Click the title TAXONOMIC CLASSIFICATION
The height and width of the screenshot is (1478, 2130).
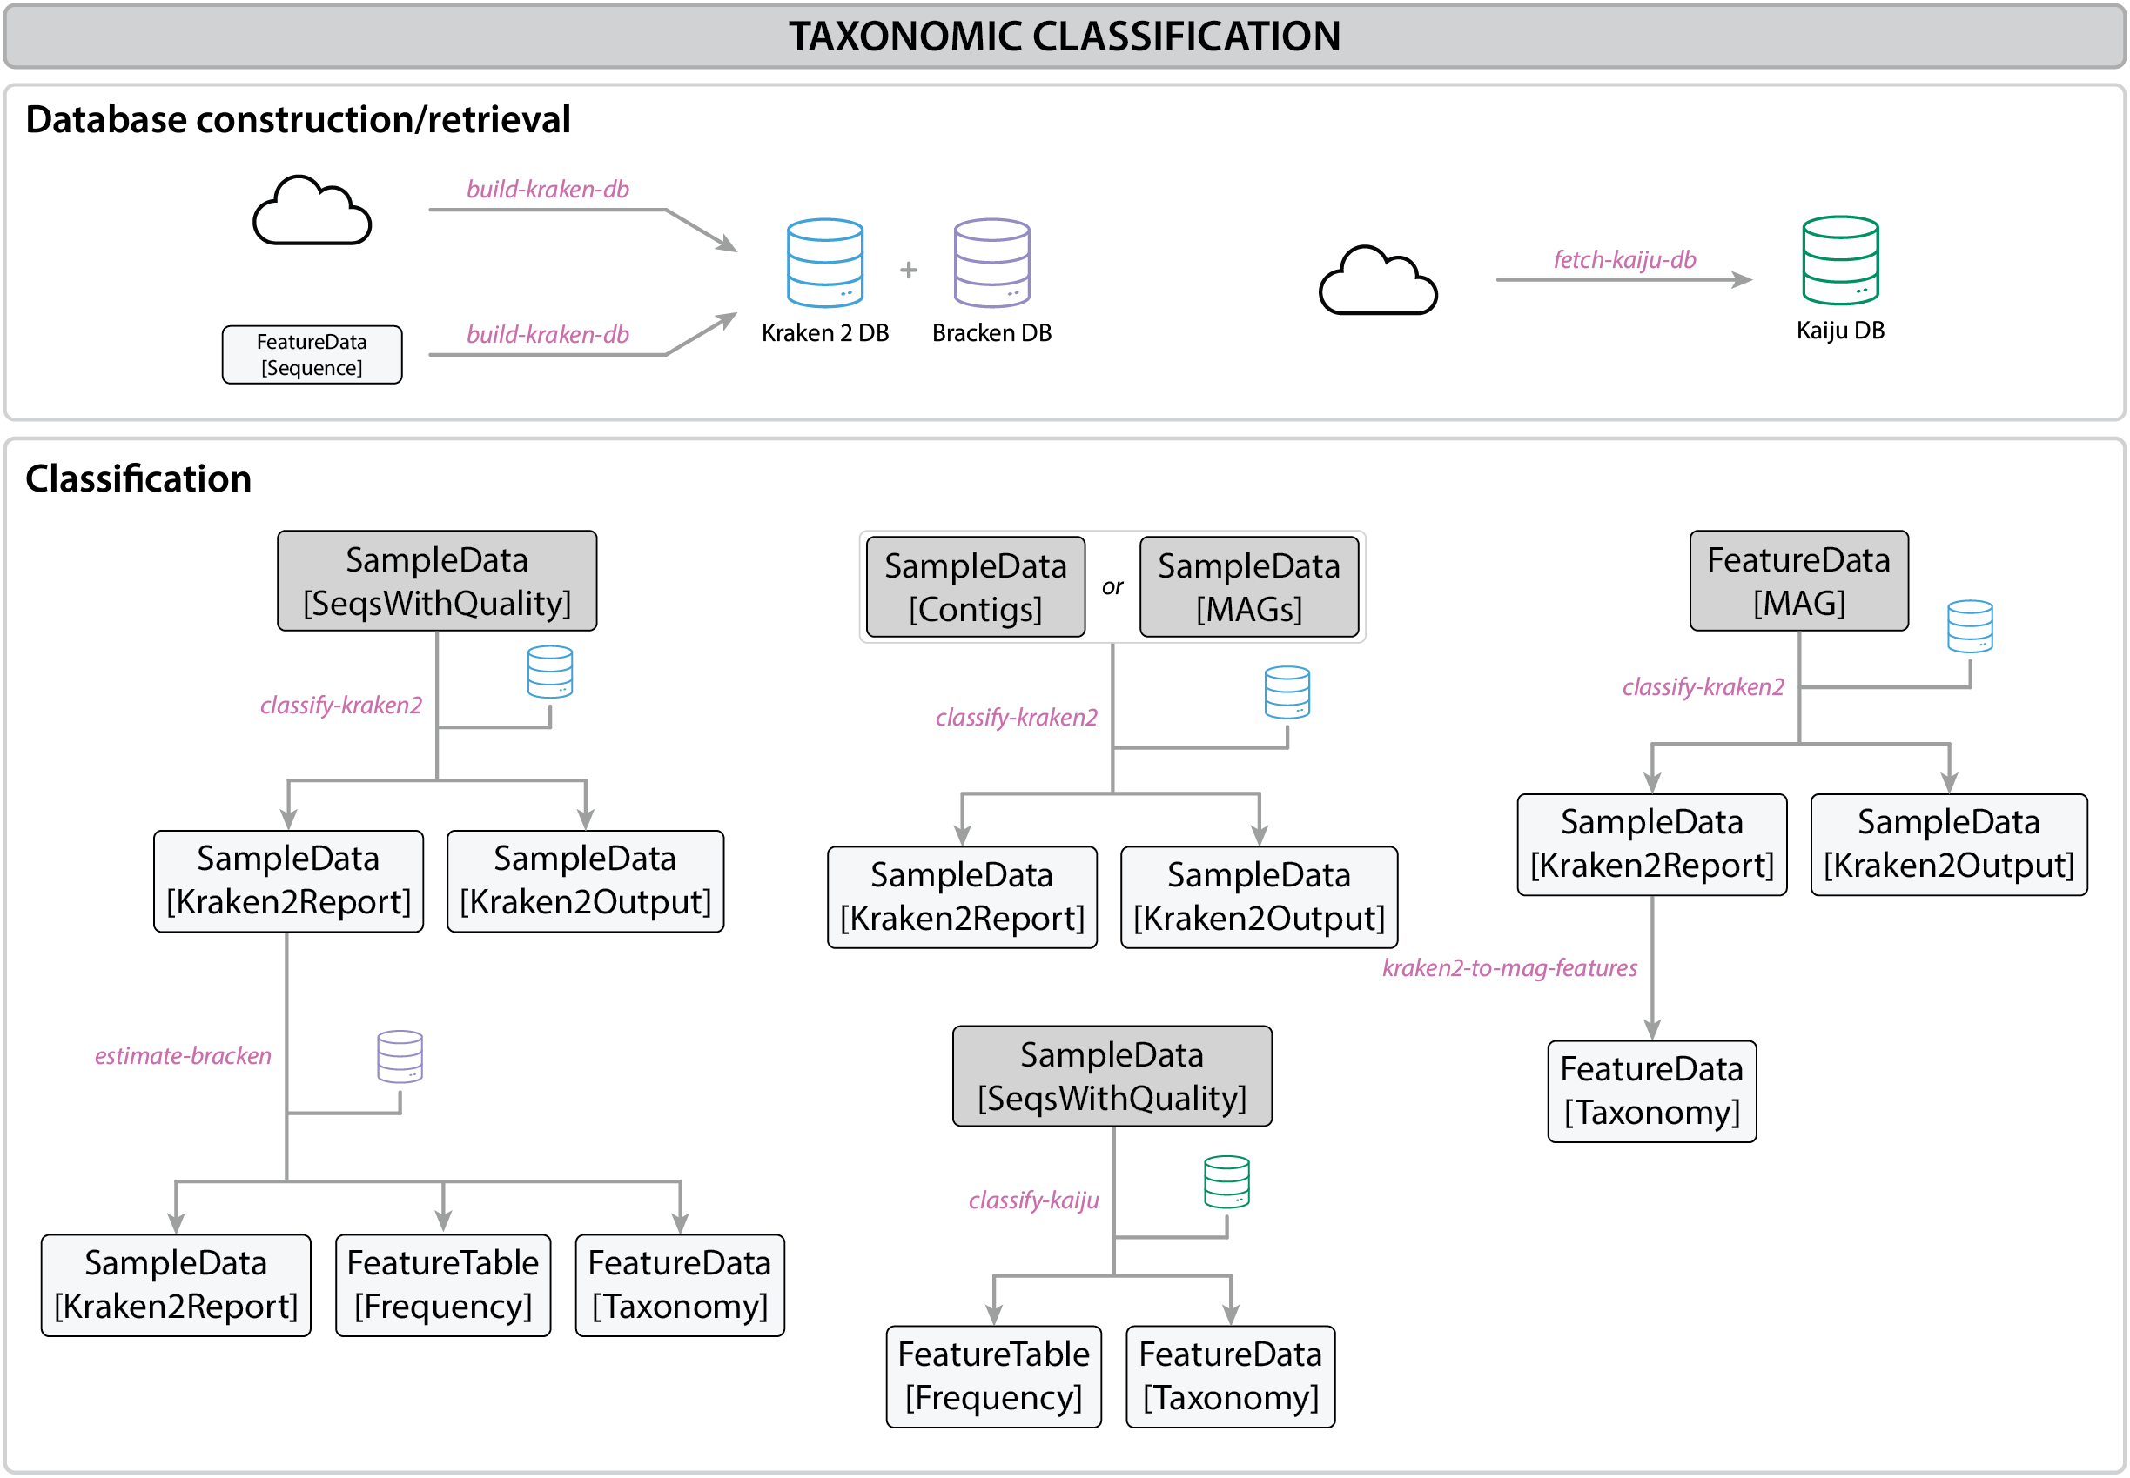pos(1064,37)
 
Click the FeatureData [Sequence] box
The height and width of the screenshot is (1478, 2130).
pos(312,355)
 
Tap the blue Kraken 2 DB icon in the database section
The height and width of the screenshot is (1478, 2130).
pos(824,263)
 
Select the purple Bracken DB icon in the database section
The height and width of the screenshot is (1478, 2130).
pos(991,263)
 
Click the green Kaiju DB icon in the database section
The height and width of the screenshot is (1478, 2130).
pos(1839,260)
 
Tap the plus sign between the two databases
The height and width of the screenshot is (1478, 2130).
pos(908,270)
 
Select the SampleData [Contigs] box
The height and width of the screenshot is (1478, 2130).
pos(975,587)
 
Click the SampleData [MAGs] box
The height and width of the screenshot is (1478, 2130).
pos(1248,587)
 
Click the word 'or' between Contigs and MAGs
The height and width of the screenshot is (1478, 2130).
pos(1112,587)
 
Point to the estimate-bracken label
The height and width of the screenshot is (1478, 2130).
pos(183,1056)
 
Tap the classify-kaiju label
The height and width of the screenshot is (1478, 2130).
pos(1033,1200)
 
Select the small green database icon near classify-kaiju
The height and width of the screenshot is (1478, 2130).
pos(1226,1181)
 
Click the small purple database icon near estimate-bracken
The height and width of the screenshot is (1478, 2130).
pos(400,1057)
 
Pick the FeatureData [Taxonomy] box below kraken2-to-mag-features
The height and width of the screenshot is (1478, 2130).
pos(1651,1091)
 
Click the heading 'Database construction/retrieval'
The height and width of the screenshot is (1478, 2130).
pos(298,119)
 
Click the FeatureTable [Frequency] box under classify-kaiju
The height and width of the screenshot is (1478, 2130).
pos(993,1376)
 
